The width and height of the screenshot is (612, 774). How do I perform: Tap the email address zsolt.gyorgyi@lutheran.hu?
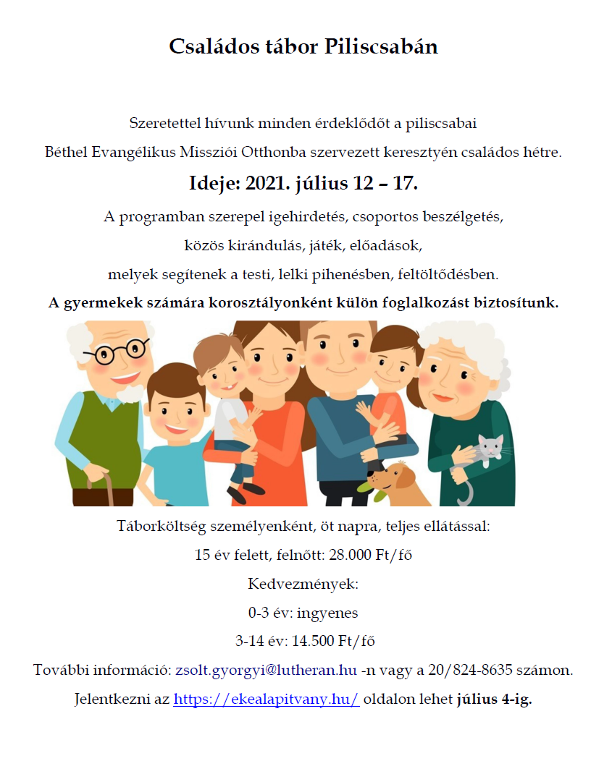pos(266,671)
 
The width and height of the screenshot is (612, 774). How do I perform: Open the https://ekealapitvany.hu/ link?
pos(267,700)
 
